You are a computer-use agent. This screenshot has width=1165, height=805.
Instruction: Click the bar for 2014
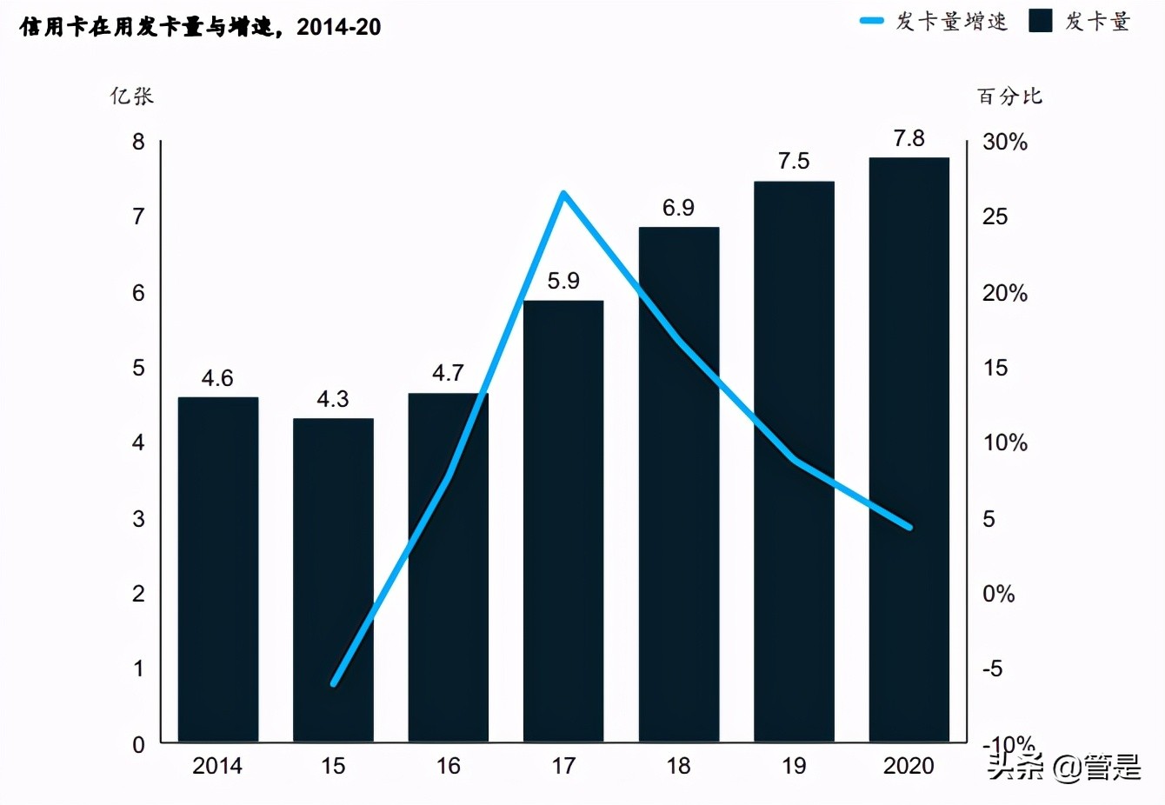217,569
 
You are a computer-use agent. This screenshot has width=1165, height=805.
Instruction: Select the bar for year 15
333,580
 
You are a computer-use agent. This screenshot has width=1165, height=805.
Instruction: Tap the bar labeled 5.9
563,522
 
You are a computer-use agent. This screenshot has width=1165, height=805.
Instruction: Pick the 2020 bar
909,449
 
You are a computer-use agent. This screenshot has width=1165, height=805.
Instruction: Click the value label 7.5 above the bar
794,161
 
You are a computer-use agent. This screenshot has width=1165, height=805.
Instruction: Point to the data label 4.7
448,373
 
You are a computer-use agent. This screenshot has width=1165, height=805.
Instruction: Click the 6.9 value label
678,208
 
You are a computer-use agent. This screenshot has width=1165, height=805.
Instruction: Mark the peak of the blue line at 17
563,193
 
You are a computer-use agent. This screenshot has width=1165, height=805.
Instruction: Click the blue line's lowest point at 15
333,684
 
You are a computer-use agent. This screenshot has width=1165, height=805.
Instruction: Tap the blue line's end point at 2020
909,527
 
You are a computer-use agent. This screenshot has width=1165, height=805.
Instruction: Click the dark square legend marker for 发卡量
1041,21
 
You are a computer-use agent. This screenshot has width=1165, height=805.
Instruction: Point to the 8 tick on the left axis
138,142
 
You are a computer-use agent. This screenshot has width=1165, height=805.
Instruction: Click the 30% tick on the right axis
1004,142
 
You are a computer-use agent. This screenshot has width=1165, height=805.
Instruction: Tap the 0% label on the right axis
998,594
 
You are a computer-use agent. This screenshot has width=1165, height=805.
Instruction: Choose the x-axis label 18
678,766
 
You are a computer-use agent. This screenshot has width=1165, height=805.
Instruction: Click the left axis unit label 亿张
131,96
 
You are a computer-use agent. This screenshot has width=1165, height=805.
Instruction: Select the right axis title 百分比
1009,96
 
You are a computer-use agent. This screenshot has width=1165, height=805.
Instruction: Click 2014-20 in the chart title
339,27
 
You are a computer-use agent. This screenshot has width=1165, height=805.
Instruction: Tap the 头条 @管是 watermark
1062,767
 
